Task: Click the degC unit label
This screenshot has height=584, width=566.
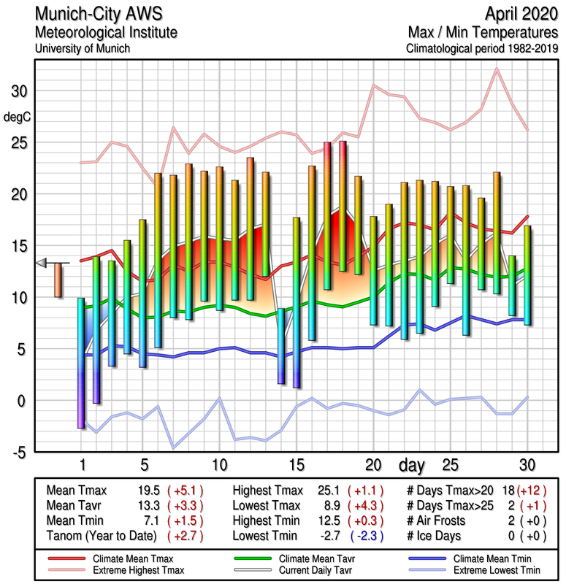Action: coord(18,117)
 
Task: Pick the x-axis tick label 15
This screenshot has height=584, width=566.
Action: coord(296,465)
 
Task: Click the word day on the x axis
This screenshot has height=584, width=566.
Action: coord(413,465)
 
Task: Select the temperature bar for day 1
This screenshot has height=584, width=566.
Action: coord(81,363)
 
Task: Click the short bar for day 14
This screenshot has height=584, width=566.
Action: coord(280,346)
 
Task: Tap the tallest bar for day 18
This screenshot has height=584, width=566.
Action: coord(343,207)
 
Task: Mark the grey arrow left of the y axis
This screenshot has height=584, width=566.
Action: coord(42,263)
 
